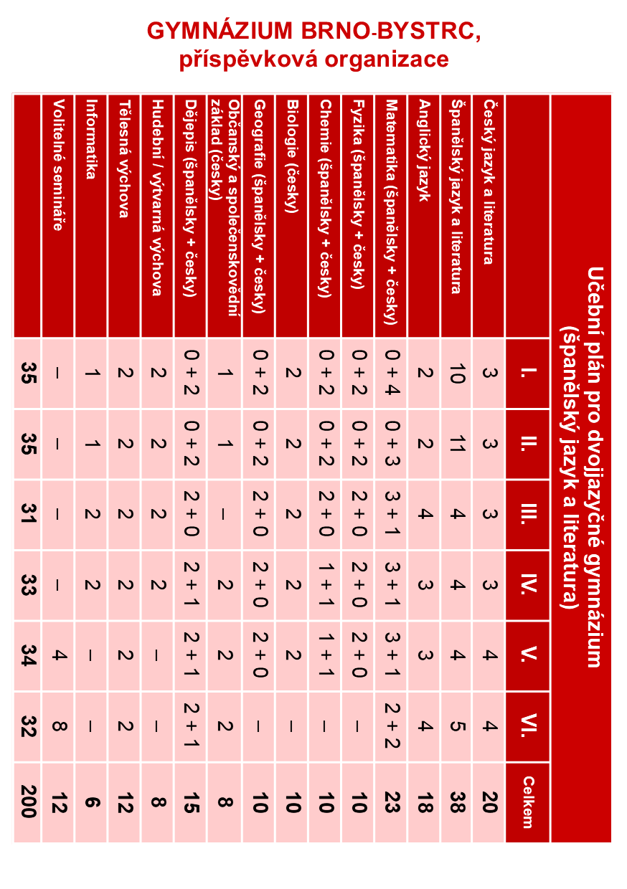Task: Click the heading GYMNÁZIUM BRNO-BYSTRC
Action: pos(313,30)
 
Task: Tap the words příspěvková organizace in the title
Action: pos(313,59)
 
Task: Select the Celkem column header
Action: pos(527,802)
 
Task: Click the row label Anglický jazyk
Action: pos(423,151)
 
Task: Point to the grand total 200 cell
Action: pos(27,802)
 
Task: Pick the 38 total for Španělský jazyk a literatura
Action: pos(456,802)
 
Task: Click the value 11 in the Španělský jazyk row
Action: pos(456,444)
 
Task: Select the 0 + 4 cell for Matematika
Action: pos(391,373)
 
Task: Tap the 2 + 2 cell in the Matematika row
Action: pos(391,726)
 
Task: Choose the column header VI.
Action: pos(527,726)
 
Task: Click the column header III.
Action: pos(527,514)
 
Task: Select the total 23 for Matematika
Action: pos(391,802)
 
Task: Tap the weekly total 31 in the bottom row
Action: pos(27,514)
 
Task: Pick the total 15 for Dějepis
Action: pos(190,802)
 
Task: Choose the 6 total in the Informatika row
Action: pos(91,802)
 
